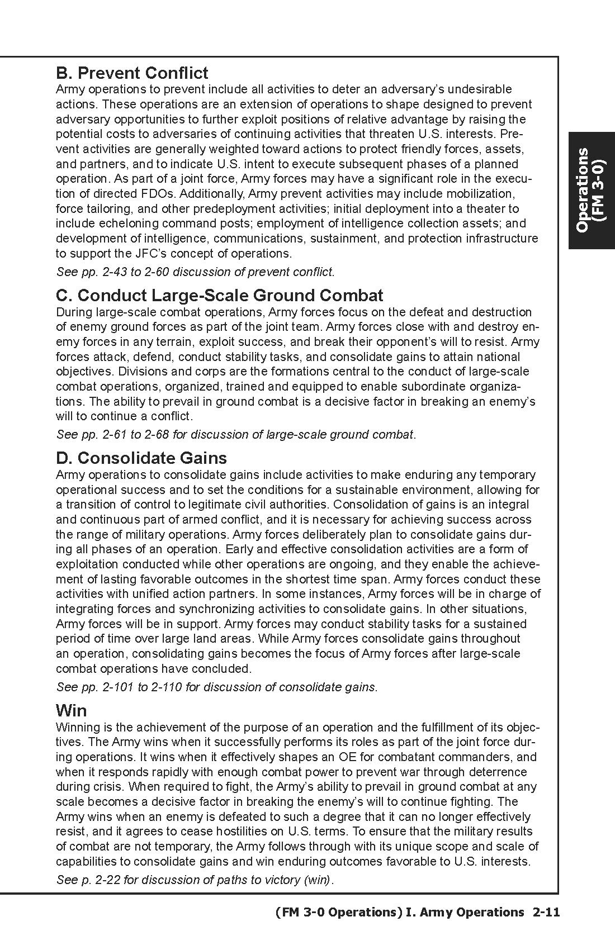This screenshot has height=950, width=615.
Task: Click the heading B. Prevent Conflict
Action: point(132,73)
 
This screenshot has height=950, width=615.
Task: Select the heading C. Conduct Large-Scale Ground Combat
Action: point(220,296)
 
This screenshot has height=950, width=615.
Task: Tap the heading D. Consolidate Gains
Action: point(141,458)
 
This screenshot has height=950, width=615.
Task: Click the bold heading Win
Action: point(72,711)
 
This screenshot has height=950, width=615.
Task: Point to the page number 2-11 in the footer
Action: point(546,913)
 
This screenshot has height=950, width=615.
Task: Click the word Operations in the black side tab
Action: point(582,190)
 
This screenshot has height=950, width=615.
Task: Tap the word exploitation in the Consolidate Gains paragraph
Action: point(87,564)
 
